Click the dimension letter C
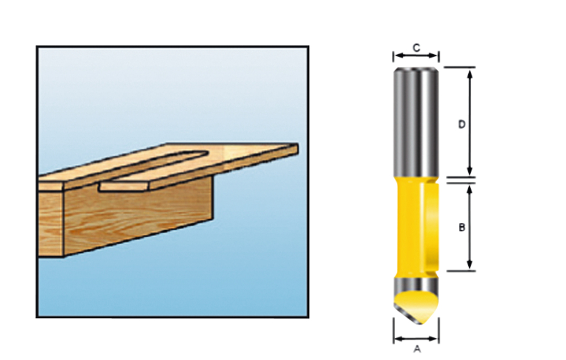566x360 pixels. tap(417, 48)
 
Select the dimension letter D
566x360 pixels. tap(462, 124)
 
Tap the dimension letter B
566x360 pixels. tap(462, 227)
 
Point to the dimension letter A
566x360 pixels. tap(417, 349)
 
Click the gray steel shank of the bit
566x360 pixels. tap(416, 122)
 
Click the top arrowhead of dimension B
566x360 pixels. tap(470, 188)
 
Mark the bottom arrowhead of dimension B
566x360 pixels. tap(470, 267)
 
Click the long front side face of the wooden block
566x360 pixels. tap(138, 218)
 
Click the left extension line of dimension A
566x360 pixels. tap(394, 331)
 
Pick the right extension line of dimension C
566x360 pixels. tap(439, 56)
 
